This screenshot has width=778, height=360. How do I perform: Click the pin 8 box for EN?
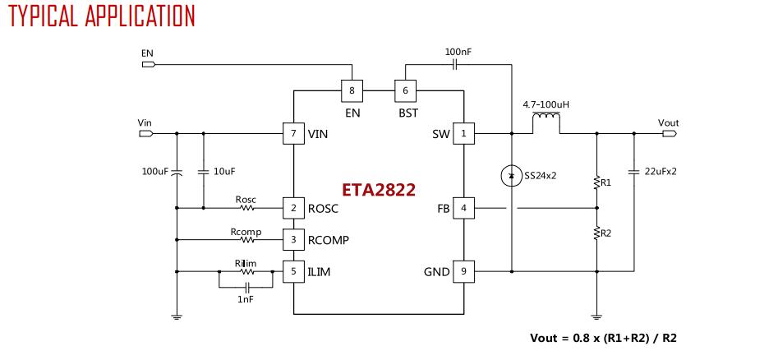click(x=352, y=90)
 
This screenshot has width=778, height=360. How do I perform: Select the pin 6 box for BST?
click(x=404, y=90)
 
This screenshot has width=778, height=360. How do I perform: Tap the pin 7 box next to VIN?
click(x=293, y=133)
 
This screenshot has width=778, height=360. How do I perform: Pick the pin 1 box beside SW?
click(x=463, y=133)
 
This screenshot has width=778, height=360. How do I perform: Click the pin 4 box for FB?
click(x=463, y=208)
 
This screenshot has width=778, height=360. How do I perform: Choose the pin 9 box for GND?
click(x=463, y=270)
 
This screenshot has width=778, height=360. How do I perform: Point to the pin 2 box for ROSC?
click(x=293, y=208)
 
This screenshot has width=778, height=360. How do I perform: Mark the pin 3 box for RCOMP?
click(x=293, y=239)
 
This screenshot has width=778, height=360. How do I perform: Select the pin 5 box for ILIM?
click(x=293, y=270)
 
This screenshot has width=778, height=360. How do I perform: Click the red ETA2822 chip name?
click(x=379, y=190)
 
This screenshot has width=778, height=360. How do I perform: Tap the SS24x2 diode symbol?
click(x=511, y=175)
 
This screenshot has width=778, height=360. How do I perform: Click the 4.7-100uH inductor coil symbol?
click(x=546, y=124)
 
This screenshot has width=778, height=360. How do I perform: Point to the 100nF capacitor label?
click(x=458, y=52)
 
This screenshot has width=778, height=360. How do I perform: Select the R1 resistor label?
click(x=605, y=182)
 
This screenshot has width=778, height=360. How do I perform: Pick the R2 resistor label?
click(x=605, y=233)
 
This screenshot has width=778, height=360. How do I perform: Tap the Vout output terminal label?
click(x=668, y=122)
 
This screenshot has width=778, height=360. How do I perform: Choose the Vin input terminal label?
click(x=145, y=122)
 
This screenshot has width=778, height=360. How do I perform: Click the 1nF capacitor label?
click(x=246, y=300)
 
